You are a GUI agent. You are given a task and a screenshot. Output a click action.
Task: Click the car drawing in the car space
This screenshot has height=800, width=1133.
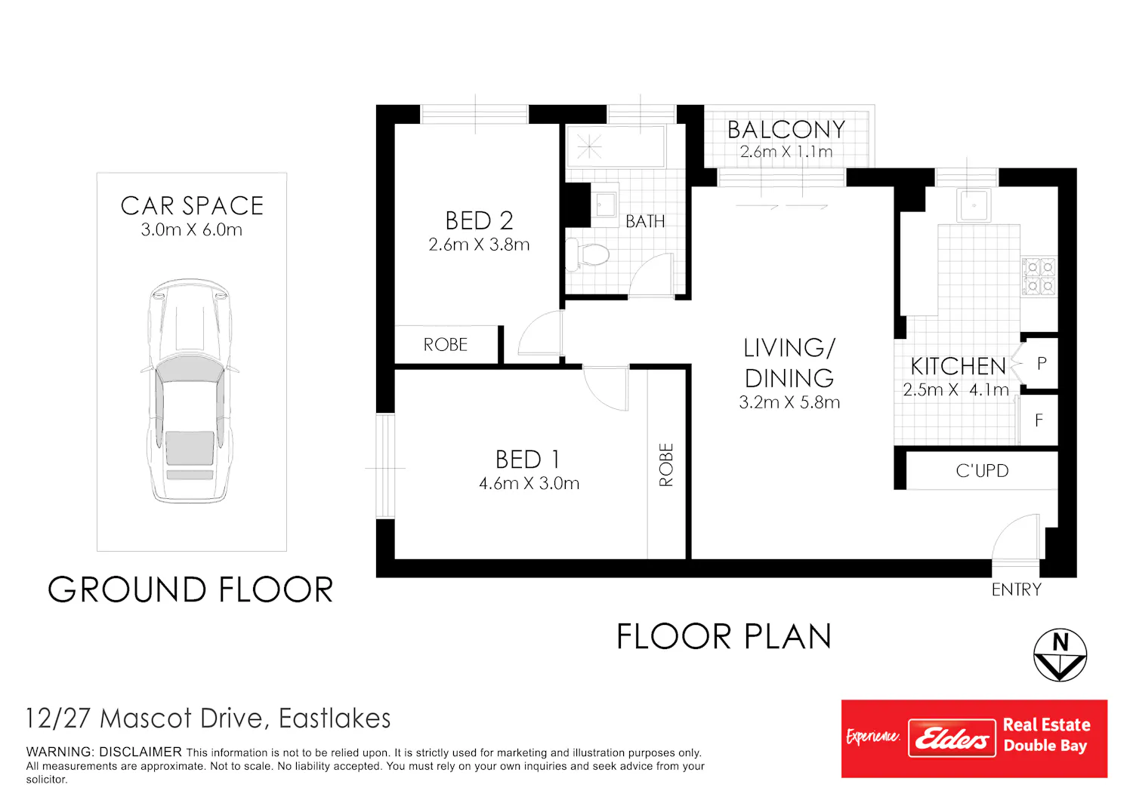tap(190, 391)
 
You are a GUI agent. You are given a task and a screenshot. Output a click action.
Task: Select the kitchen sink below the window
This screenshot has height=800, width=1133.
tap(973, 205)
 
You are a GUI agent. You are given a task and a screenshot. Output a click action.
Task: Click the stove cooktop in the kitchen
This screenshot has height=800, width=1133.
tap(1039, 276)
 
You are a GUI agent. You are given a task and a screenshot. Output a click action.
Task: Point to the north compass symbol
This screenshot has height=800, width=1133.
tap(1060, 655)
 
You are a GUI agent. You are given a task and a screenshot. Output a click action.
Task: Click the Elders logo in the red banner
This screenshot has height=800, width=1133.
tap(952, 738)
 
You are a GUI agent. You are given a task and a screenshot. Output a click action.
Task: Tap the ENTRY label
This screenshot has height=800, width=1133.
tap(1016, 589)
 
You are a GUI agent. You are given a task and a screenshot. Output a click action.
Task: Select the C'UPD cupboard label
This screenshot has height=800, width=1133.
tap(982, 471)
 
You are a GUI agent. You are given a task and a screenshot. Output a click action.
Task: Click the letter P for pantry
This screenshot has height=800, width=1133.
tap(1042, 363)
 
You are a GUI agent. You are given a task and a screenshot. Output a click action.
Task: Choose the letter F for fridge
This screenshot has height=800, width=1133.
tap(1039, 420)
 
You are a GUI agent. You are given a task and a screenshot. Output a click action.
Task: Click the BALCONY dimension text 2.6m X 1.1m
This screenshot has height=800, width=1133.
tap(786, 152)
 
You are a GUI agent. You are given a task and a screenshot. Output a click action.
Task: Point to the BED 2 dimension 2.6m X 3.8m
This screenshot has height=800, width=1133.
tap(479, 245)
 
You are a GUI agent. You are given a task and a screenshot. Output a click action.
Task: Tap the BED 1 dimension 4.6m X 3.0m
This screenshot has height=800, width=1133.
tap(529, 484)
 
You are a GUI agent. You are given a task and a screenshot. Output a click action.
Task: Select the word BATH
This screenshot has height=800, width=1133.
tap(645, 221)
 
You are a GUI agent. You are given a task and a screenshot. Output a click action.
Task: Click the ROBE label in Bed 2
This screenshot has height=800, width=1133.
tap(445, 345)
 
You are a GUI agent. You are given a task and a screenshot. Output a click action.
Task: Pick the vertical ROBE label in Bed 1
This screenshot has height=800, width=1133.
tap(666, 465)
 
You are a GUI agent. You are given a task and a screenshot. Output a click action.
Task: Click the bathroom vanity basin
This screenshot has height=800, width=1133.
tap(605, 205)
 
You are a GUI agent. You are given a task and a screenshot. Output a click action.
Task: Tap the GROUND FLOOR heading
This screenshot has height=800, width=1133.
tap(190, 589)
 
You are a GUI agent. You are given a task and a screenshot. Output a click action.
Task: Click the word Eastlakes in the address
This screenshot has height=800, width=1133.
tap(335, 718)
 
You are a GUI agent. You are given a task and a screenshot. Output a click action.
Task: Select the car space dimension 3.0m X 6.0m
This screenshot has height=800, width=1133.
tap(192, 230)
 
